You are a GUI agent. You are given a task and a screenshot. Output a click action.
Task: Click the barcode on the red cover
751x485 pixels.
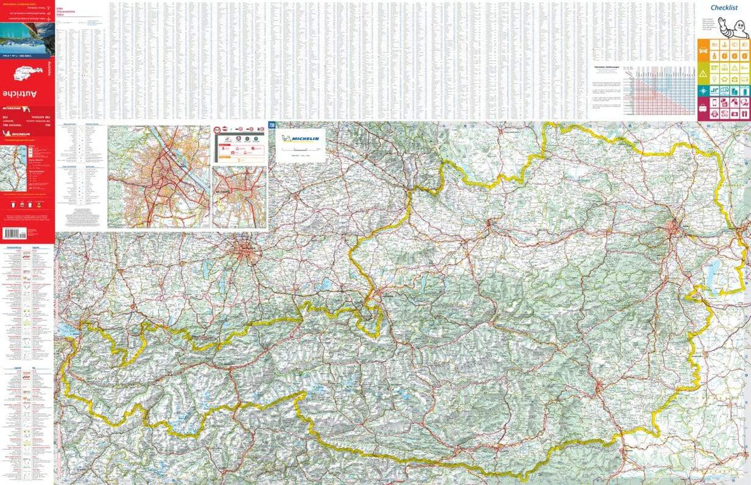[x=14, y=233]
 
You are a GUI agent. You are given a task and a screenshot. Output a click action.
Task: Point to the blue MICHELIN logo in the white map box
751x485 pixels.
[x=301, y=139]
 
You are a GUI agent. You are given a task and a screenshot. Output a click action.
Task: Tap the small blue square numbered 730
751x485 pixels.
[x=272, y=125]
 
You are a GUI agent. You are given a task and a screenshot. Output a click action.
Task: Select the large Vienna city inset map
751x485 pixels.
[x=158, y=176]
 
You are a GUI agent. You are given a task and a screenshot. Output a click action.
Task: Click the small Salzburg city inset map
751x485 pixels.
[x=239, y=197]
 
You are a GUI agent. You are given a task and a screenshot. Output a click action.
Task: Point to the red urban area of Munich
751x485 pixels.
[x=245, y=253]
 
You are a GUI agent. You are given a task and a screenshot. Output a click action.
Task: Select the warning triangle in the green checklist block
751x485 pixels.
[x=705, y=74]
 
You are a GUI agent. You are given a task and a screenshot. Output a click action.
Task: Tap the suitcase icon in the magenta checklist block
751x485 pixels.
[x=705, y=113]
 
